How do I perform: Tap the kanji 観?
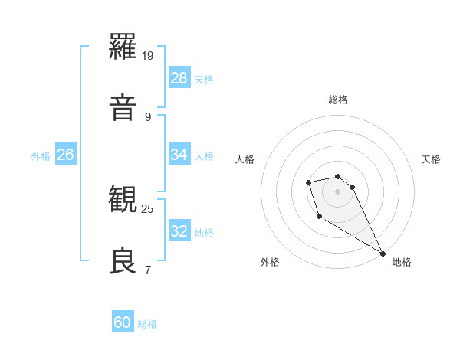(x=124, y=200)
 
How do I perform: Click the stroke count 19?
(x=149, y=56)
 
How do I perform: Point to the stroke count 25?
(x=148, y=208)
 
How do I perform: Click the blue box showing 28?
(x=179, y=78)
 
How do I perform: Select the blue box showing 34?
(x=179, y=155)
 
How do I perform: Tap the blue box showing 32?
(x=179, y=231)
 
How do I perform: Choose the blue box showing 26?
(x=66, y=155)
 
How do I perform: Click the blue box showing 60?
(x=123, y=322)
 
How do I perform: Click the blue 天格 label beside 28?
(x=204, y=80)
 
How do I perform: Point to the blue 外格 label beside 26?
(x=41, y=156)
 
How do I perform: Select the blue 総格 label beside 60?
(x=147, y=324)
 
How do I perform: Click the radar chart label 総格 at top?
(x=338, y=100)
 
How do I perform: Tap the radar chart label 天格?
(x=431, y=159)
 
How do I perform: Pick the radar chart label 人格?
(x=245, y=159)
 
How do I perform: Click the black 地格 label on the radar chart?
(x=402, y=262)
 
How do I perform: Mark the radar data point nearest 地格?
(x=383, y=254)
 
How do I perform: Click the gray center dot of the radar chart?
(x=338, y=191)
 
